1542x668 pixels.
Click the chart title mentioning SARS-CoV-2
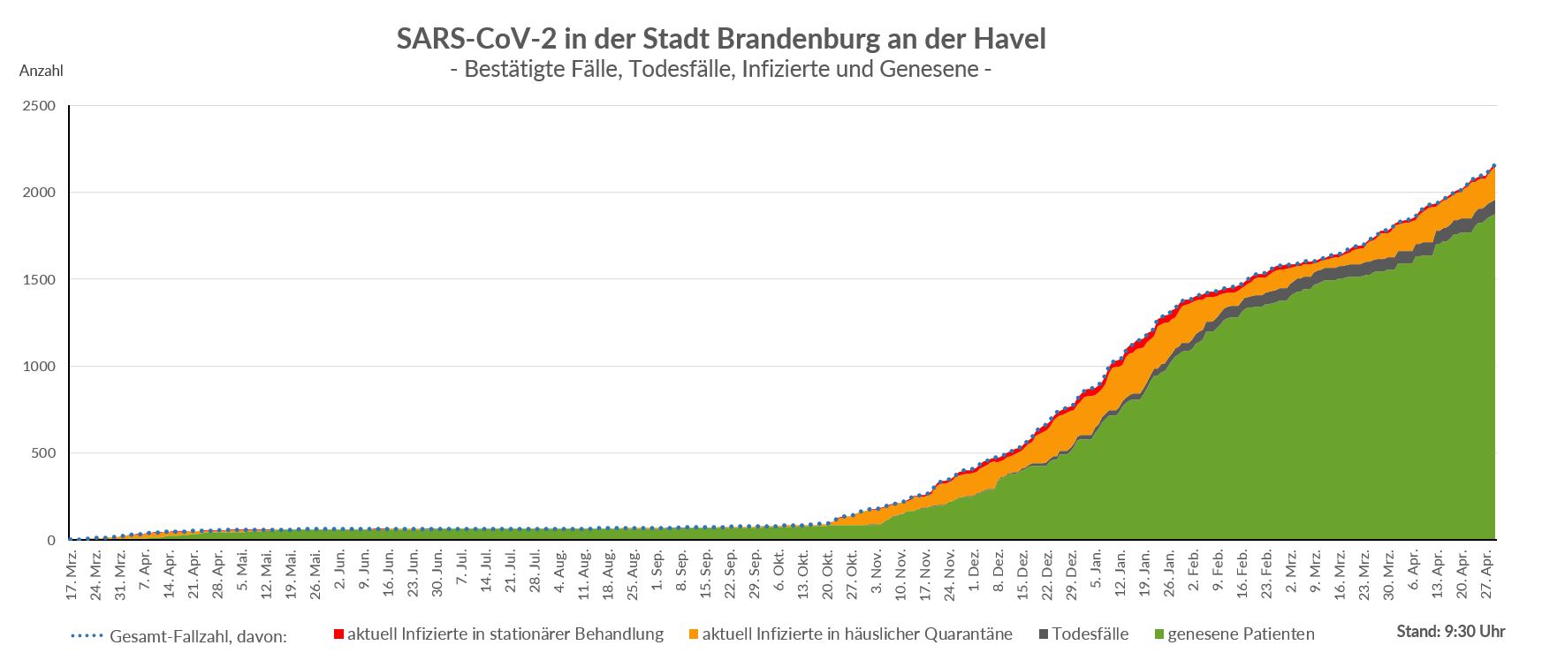[x=720, y=39]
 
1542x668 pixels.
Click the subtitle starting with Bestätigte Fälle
[x=720, y=68]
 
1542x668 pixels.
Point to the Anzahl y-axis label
[x=41, y=71]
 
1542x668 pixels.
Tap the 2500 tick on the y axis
[x=38, y=106]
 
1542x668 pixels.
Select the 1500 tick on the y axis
[x=38, y=279]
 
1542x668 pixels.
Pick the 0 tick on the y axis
[x=50, y=540]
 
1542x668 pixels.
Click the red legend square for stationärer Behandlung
[x=338, y=634]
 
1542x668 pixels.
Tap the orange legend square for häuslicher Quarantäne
[x=694, y=634]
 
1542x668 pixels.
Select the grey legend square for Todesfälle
[x=1044, y=634]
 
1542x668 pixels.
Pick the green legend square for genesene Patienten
[x=1159, y=634]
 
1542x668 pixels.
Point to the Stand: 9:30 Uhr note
[x=1451, y=632]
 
